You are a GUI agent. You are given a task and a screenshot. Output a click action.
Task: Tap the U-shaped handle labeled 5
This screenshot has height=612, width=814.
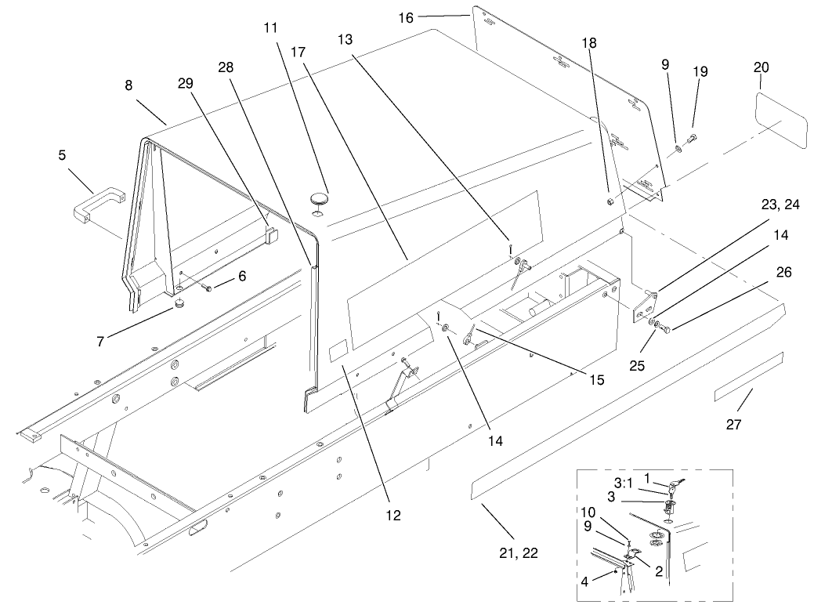tap(94, 201)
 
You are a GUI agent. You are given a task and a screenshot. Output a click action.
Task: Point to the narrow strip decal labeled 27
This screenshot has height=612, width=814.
tap(747, 377)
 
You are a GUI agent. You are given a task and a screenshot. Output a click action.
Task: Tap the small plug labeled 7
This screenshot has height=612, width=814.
tap(179, 304)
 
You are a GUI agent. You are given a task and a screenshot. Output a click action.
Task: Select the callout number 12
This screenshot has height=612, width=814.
tap(393, 515)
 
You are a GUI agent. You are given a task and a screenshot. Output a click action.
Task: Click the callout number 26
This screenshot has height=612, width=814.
tap(762, 273)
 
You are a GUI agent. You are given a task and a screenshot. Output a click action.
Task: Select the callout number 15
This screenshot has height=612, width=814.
tap(597, 380)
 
